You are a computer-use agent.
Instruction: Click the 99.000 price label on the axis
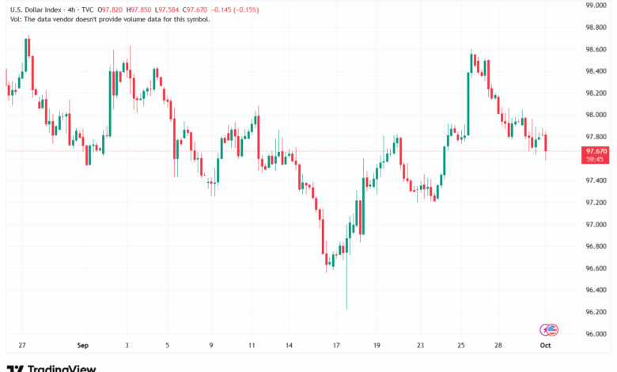(596, 5)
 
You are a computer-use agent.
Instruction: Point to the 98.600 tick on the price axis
(596, 49)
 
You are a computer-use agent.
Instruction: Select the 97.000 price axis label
(596, 224)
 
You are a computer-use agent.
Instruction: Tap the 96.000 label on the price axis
(596, 334)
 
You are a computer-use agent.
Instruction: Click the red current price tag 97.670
(596, 150)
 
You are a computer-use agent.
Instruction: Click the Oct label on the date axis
(545, 345)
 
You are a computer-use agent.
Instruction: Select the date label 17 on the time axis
(336, 345)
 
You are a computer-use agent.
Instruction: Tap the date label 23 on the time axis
(421, 345)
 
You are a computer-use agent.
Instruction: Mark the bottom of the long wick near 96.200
(346, 309)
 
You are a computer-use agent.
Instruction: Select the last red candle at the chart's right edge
(546, 142)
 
